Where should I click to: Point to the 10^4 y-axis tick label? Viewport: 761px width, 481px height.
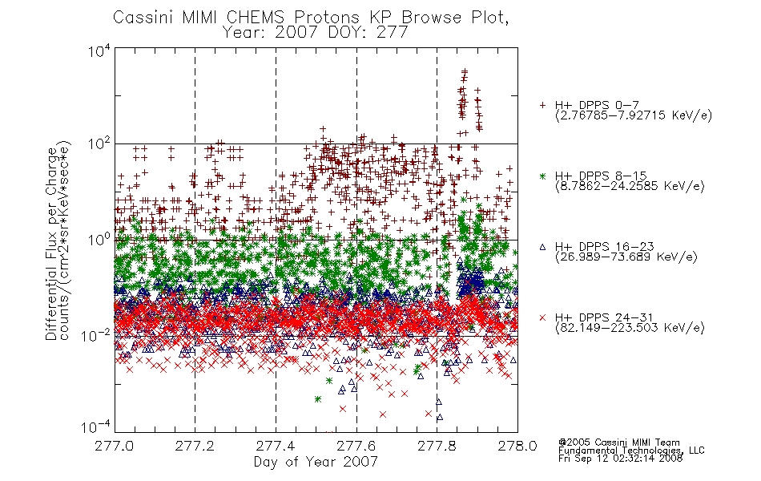[99, 51]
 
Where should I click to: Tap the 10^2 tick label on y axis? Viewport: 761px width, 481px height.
[99, 143]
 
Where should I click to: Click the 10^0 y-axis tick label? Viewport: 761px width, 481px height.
[99, 240]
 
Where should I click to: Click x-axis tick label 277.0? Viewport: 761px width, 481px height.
[115, 446]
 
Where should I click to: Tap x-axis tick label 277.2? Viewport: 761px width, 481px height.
[195, 446]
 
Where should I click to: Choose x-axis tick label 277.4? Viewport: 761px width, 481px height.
[276, 446]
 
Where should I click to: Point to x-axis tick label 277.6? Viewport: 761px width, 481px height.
[356, 446]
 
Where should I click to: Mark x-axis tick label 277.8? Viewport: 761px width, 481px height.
[437, 446]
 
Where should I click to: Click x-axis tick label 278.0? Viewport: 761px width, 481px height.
[517, 446]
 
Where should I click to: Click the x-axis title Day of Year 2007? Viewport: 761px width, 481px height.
[316, 462]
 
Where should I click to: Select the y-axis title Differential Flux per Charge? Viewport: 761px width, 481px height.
[51, 244]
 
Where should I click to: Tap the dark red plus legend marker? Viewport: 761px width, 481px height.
[542, 105]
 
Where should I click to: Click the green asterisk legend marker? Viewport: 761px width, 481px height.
[542, 176]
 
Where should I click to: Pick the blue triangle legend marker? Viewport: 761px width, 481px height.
[542, 247]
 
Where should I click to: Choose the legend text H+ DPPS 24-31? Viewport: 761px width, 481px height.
[604, 317]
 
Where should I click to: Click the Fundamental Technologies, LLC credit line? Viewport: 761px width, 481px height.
[631, 451]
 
